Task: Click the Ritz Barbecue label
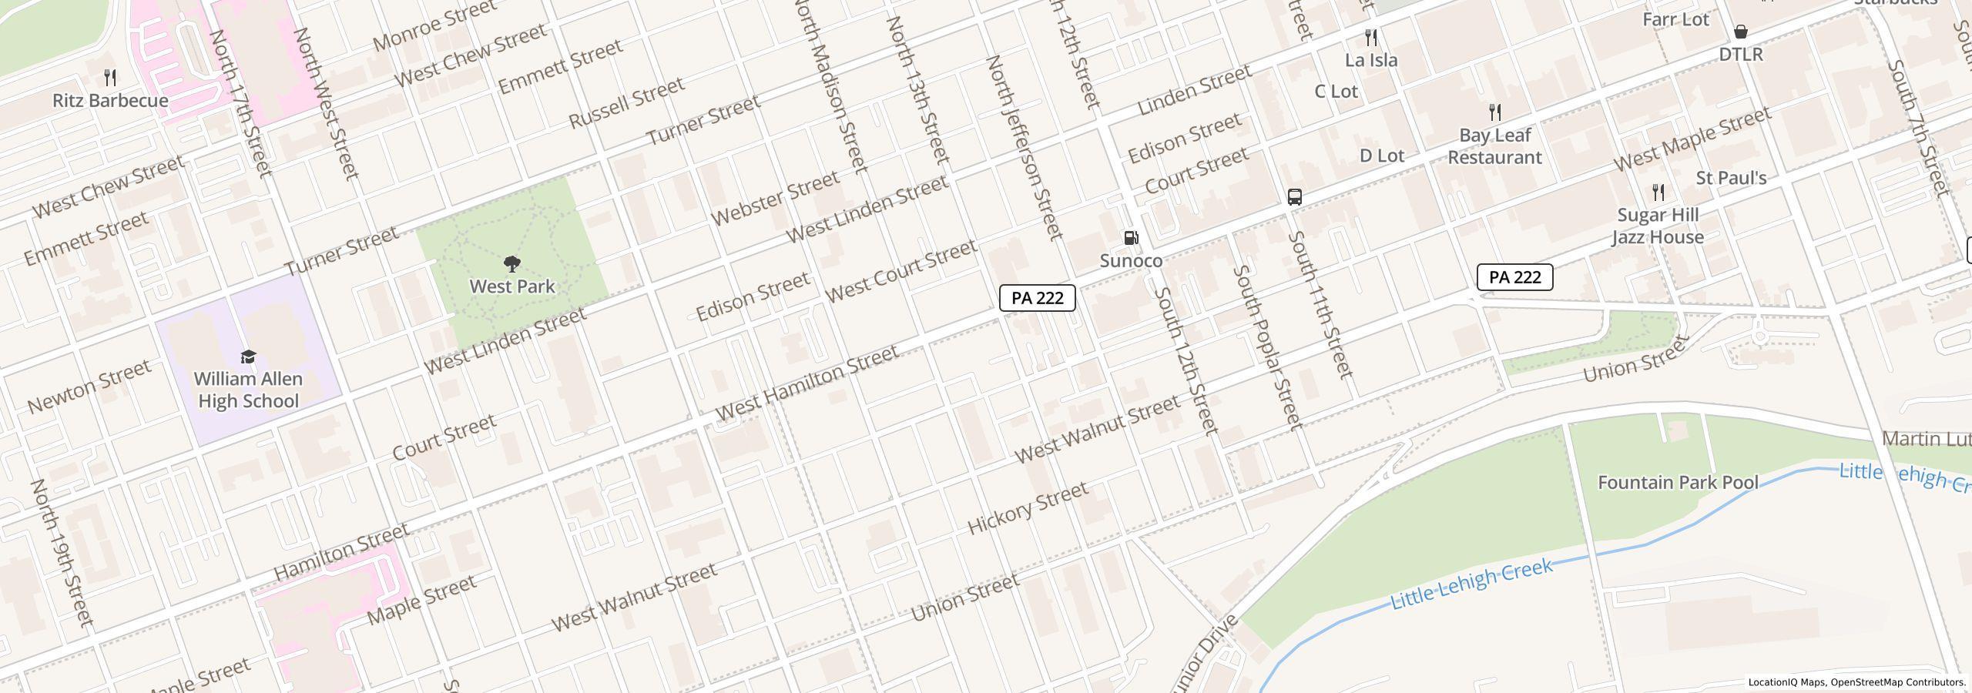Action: tap(110, 101)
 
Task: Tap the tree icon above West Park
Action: tap(511, 265)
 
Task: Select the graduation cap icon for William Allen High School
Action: tap(248, 357)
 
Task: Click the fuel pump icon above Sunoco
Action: tap(1131, 238)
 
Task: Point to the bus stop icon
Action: tap(1295, 197)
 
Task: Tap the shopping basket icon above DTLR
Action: tap(1740, 32)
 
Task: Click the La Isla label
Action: tap(1371, 60)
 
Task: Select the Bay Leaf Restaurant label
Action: tap(1494, 146)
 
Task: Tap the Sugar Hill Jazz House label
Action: tap(1658, 226)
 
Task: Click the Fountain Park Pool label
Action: tap(1678, 483)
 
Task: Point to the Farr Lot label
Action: tap(1675, 19)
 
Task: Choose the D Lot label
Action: tap(1381, 156)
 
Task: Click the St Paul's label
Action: tap(1731, 178)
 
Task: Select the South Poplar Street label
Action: tap(1267, 346)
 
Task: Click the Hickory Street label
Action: tap(1028, 508)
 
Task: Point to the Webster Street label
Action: tap(774, 199)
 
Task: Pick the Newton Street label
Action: tap(89, 386)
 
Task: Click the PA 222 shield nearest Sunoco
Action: tap(1037, 298)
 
